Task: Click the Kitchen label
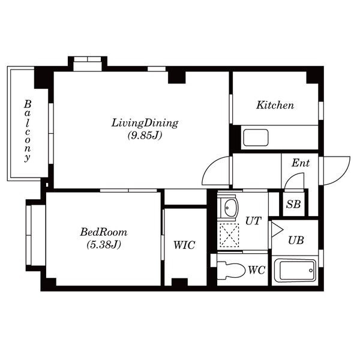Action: click(x=275, y=105)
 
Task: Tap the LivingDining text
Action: click(x=145, y=123)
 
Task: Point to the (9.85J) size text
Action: click(x=145, y=135)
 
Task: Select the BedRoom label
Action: click(x=104, y=232)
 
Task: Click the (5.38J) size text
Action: click(x=104, y=245)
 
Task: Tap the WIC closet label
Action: click(x=184, y=245)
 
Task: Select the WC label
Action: click(x=257, y=270)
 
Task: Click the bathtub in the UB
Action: click(x=295, y=270)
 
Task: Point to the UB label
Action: click(x=296, y=241)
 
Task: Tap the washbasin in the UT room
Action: click(x=230, y=208)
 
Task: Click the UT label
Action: click(x=253, y=221)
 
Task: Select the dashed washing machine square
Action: click(x=229, y=235)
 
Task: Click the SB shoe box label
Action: click(x=293, y=204)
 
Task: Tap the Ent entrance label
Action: click(x=301, y=163)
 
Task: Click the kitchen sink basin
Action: click(x=256, y=137)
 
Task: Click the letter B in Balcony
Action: click(x=28, y=104)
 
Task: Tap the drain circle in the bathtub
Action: click(x=311, y=271)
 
